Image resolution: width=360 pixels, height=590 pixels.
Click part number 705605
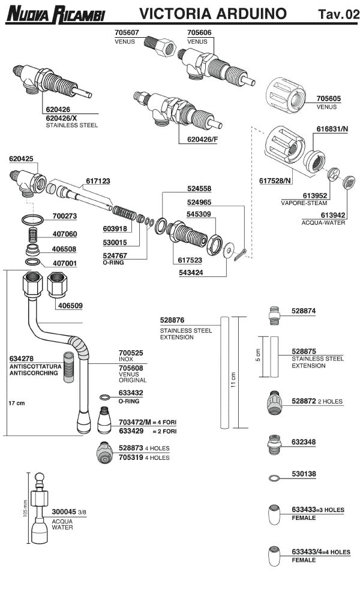click(x=328, y=98)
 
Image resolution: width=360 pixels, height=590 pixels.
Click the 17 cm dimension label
click(x=16, y=403)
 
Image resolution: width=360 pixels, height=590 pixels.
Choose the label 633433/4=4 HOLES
click(x=321, y=552)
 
